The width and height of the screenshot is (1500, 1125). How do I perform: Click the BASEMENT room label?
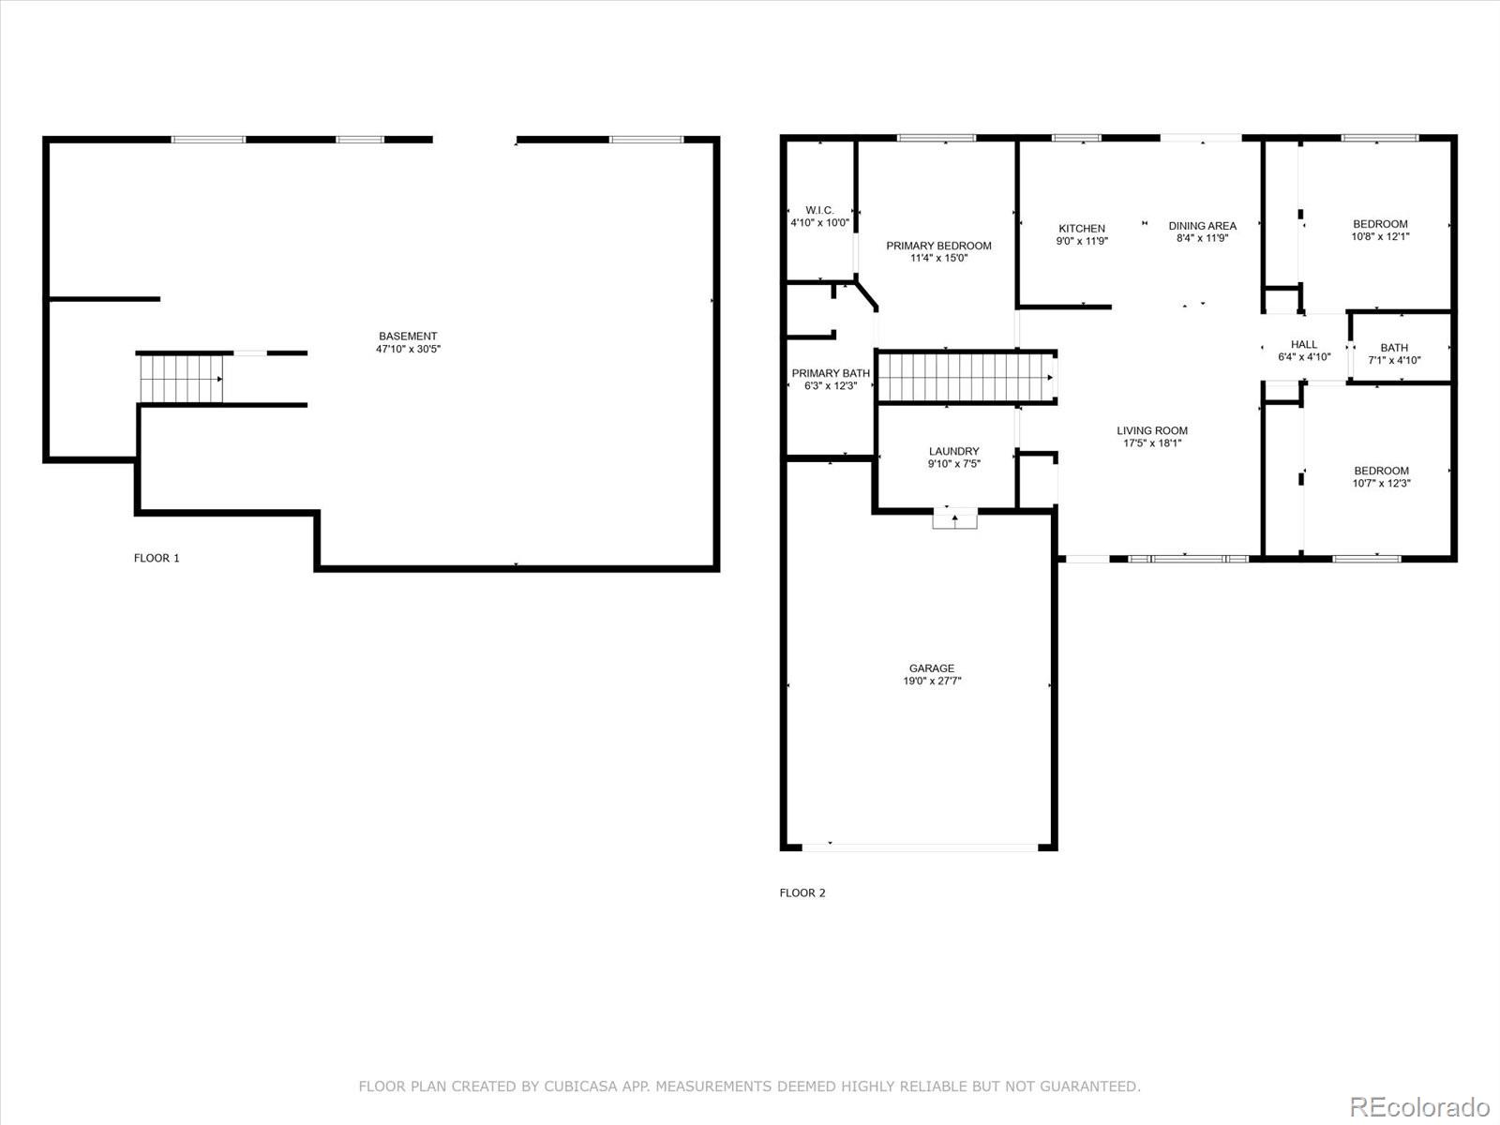pyautogui.click(x=408, y=337)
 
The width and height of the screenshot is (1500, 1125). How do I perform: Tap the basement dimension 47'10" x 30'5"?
pyautogui.click(x=408, y=350)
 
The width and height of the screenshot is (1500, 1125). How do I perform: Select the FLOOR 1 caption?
pyautogui.click(x=157, y=558)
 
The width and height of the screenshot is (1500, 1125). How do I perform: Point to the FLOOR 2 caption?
pyautogui.click(x=802, y=892)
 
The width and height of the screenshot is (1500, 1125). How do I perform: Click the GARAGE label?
pyautogui.click(x=932, y=668)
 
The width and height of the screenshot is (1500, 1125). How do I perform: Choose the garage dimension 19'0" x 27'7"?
pyautogui.click(x=932, y=682)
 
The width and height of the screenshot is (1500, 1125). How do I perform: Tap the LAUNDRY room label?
pyautogui.click(x=953, y=451)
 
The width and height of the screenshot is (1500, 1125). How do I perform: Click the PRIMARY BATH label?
pyautogui.click(x=831, y=373)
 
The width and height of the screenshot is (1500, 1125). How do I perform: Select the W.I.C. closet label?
pyautogui.click(x=819, y=210)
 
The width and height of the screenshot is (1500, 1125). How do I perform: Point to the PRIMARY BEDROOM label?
pyautogui.click(x=938, y=246)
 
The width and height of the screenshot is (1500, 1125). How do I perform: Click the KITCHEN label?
pyautogui.click(x=1082, y=228)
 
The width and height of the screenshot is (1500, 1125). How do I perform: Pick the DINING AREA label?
pyautogui.click(x=1202, y=226)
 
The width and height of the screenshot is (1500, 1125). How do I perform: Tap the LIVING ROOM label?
pyautogui.click(x=1152, y=431)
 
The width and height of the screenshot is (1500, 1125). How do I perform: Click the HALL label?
pyautogui.click(x=1304, y=344)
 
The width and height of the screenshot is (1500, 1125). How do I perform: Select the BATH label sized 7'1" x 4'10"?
pyautogui.click(x=1394, y=348)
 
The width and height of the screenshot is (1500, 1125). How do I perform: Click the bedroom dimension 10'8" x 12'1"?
pyautogui.click(x=1380, y=237)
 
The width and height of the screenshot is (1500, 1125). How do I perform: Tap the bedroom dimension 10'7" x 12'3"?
pyautogui.click(x=1381, y=484)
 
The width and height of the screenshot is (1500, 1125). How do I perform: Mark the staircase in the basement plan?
pyautogui.click(x=181, y=379)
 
